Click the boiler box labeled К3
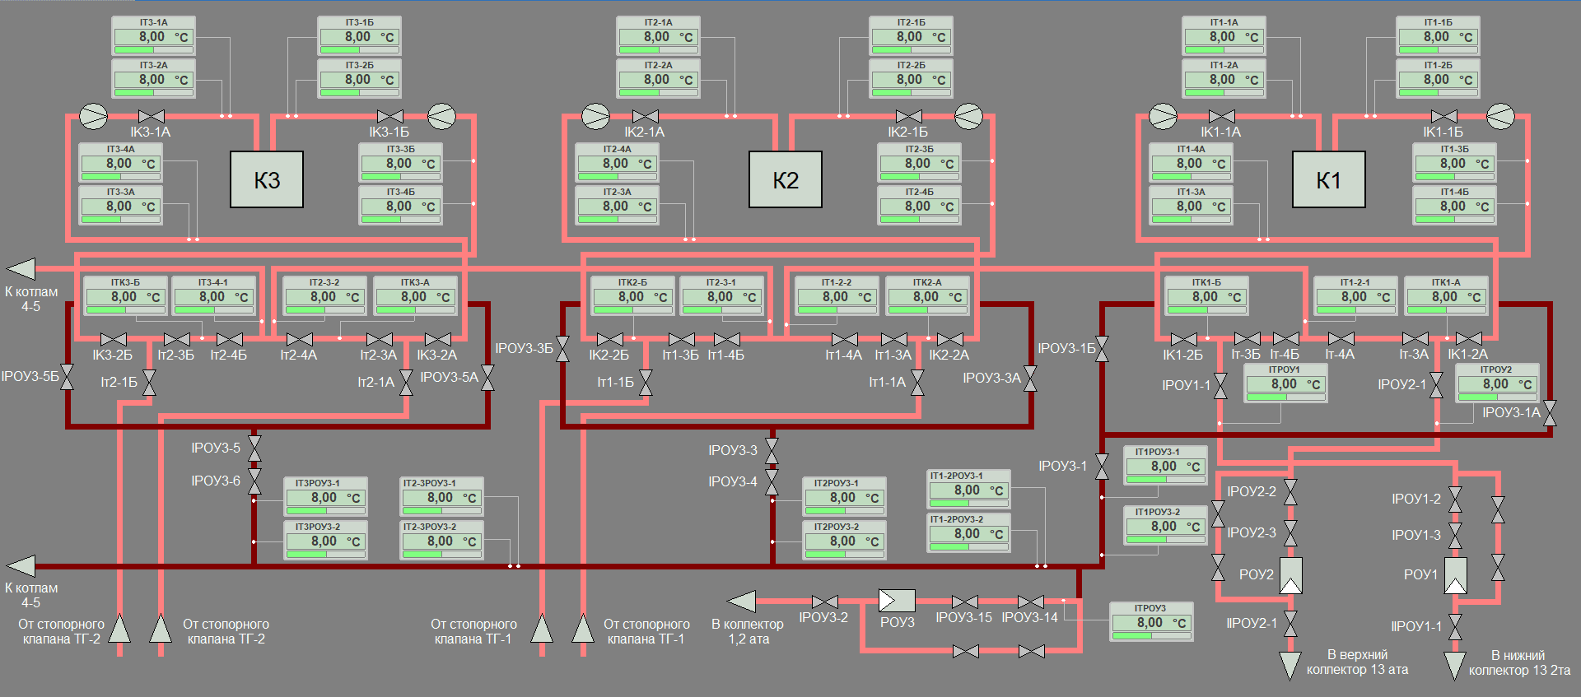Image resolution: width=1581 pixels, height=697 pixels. pos(267,179)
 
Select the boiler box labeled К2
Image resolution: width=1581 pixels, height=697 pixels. pos(785,179)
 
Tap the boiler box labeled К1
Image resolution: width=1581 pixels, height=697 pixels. pos(1328,179)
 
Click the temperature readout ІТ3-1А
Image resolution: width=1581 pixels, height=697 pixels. pos(153,36)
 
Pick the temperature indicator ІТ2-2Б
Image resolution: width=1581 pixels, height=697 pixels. pos(911,79)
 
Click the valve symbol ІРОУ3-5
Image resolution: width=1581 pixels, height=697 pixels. pos(254,448)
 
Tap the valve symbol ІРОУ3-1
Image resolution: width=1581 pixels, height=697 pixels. pos(1102,466)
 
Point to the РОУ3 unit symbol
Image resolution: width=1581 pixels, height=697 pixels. pos(897,601)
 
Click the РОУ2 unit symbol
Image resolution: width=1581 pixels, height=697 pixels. pos(1290,575)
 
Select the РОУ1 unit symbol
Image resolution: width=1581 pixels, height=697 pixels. pos(1455,575)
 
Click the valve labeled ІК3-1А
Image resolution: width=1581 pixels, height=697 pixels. pos(152,116)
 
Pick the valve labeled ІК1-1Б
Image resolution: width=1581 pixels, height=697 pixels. pos(1444,116)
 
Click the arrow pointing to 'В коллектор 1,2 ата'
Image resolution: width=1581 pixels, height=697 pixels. pos(742,602)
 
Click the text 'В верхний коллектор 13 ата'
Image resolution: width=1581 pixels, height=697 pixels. pos(1357,662)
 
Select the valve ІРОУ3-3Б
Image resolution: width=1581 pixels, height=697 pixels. pos(562,349)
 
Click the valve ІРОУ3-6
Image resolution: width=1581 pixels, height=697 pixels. pos(254,481)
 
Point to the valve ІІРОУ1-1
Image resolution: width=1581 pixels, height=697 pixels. pos(1455,626)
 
